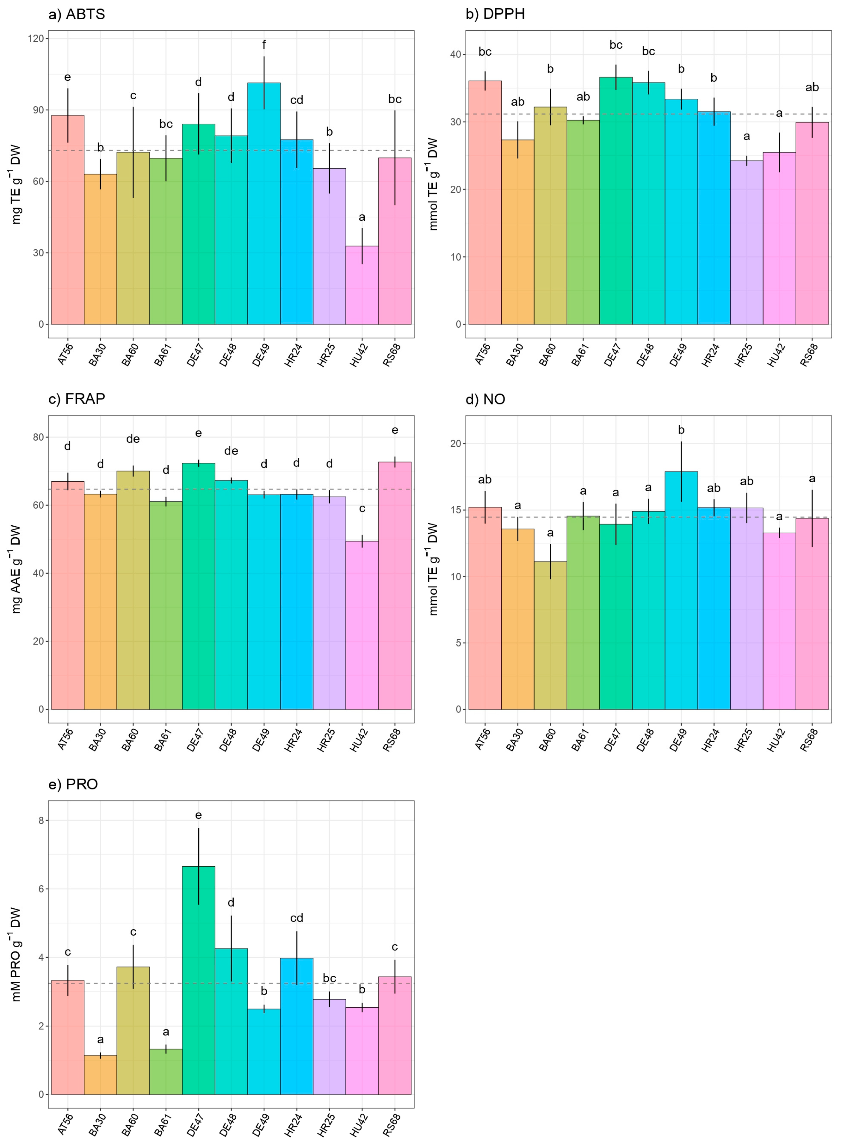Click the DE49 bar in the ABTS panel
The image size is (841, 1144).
click(264, 204)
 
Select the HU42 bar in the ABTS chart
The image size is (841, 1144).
click(362, 285)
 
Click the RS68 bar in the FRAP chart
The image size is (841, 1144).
click(394, 585)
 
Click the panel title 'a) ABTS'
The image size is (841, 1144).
click(76, 14)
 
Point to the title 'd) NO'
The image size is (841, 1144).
click(485, 399)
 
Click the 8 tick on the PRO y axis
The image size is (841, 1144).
click(41, 821)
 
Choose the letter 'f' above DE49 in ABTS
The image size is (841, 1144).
click(264, 45)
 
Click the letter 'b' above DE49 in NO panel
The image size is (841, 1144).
click(681, 430)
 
